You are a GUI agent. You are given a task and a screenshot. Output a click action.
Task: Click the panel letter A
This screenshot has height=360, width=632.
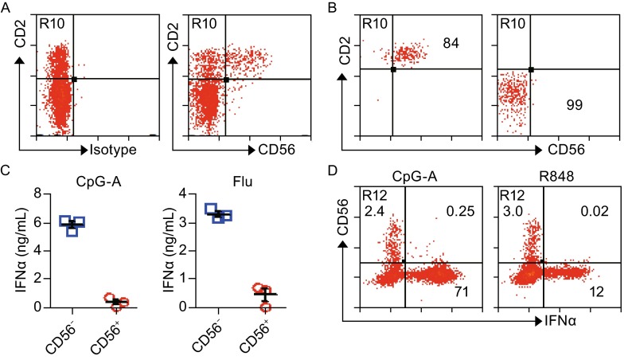(x=7, y=7)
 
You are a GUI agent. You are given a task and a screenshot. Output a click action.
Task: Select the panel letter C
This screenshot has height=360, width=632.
(x=7, y=170)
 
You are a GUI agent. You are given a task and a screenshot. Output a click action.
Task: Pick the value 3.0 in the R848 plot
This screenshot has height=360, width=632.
(x=509, y=210)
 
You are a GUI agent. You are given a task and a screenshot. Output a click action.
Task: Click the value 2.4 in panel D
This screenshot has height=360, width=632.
(x=375, y=210)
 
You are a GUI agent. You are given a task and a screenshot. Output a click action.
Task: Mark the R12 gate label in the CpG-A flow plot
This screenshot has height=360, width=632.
(x=376, y=196)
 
